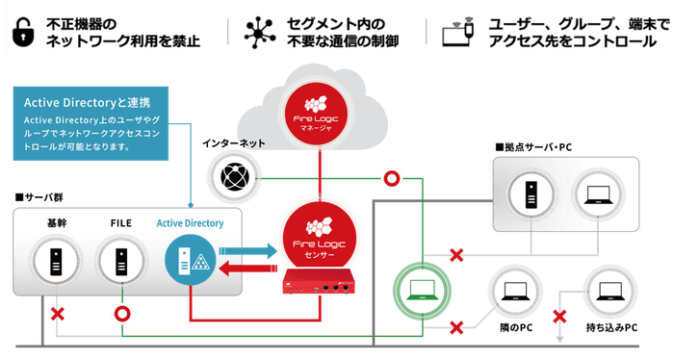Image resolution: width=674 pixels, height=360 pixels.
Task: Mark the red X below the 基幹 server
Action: pyautogui.click(x=58, y=315)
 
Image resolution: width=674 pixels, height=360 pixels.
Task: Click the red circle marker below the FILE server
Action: pyautogui.click(x=121, y=314)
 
